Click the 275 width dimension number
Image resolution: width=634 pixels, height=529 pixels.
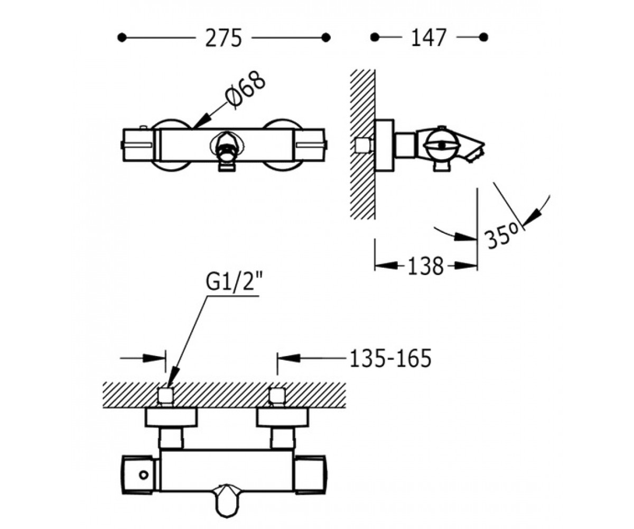coord(223,38)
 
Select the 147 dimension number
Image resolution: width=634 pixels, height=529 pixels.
coord(428,38)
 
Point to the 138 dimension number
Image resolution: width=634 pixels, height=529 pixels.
coord(425,266)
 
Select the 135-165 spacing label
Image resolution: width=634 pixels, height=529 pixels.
coord(390,358)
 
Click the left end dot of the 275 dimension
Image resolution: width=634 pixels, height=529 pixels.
coord(122,38)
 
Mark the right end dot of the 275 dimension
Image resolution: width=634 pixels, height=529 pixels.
coord(326,38)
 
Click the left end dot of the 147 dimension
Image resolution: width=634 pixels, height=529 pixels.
coord(375,38)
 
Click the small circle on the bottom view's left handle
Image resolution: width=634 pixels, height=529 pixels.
coord(143,475)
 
